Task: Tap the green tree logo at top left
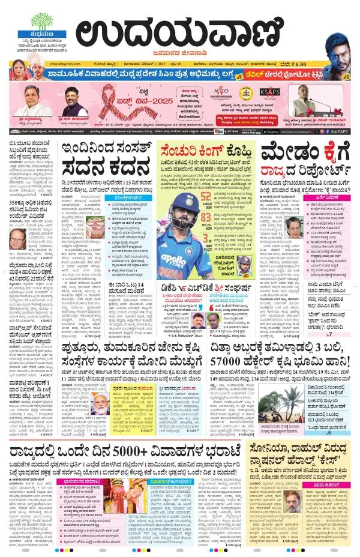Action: click(41, 20)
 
